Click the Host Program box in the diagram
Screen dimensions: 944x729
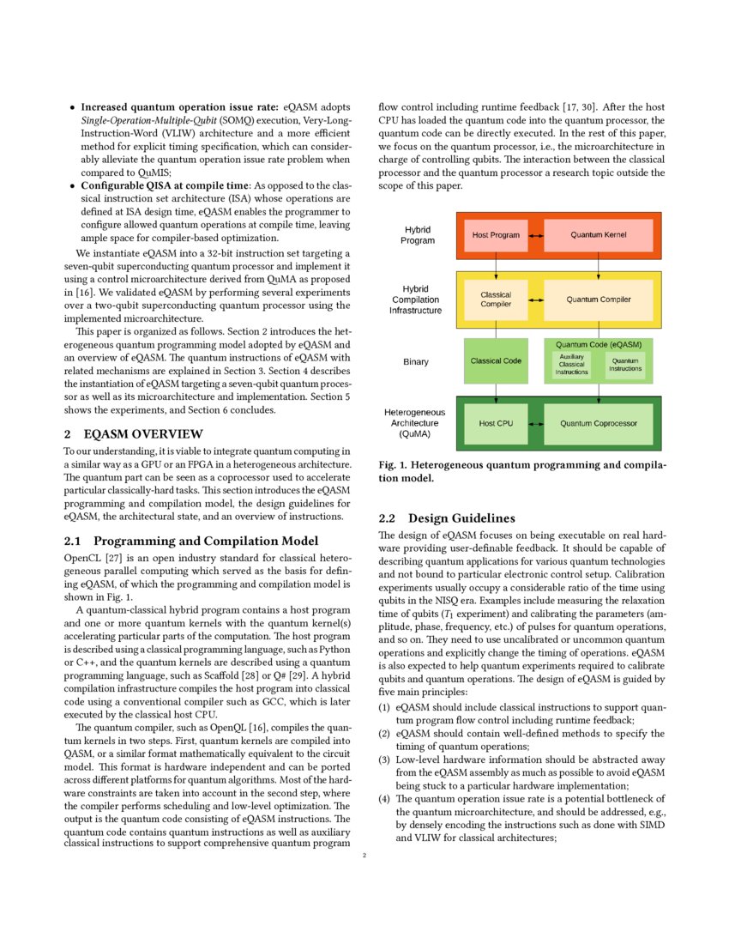pyautogui.click(x=496, y=234)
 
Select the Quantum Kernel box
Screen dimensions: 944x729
pyautogui.click(x=598, y=234)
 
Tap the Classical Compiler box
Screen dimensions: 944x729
pyautogui.click(x=496, y=300)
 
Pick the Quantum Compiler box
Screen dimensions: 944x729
pyautogui.click(x=598, y=300)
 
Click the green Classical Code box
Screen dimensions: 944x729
pyautogui.click(x=496, y=360)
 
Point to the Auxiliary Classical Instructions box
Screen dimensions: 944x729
pyautogui.click(x=572, y=365)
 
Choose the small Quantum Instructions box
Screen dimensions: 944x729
pyautogui.click(x=625, y=365)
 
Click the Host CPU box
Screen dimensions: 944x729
pyautogui.click(x=496, y=423)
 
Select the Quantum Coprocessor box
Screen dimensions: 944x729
pyautogui.click(x=598, y=423)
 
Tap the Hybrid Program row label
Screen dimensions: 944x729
pyautogui.click(x=418, y=235)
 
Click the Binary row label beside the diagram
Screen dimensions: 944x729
pyautogui.click(x=416, y=362)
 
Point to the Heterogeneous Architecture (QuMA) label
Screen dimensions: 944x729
pyautogui.click(x=414, y=423)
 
